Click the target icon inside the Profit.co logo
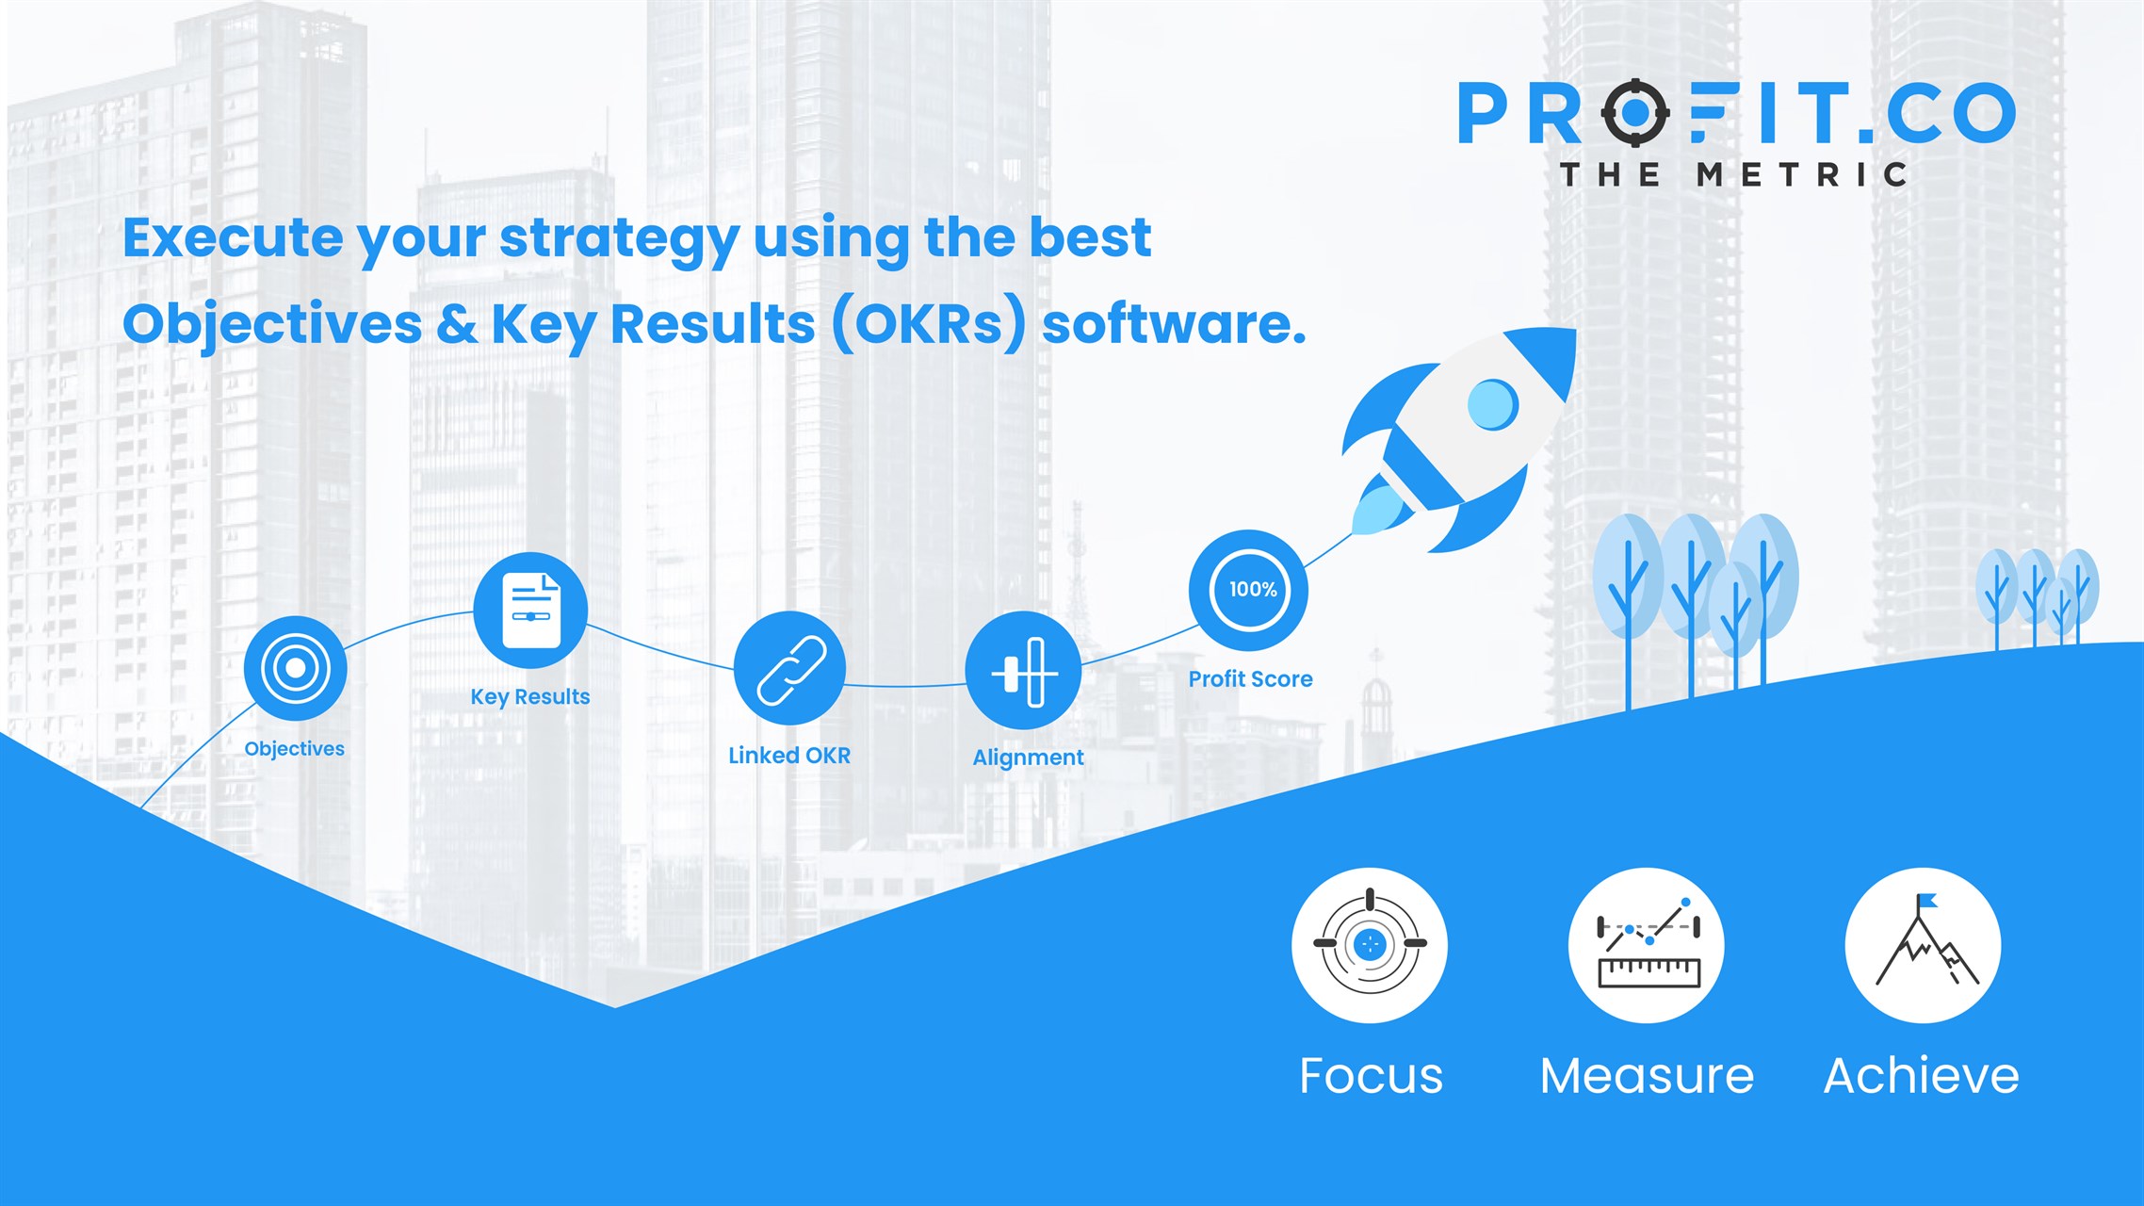[1635, 113]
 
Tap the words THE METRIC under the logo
[1733, 174]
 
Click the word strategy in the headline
[618, 239]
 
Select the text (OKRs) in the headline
[929, 323]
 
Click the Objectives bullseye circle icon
[295, 668]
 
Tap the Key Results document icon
[530, 611]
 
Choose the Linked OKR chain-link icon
[789, 669]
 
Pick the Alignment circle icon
[1023, 671]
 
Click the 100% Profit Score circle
[1249, 590]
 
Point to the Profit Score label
[1250, 678]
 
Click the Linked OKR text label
[789, 755]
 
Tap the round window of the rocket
[1493, 404]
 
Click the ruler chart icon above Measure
[1648, 943]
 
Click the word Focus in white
[1371, 1076]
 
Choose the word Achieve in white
[1922, 1075]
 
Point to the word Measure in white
[1647, 1076]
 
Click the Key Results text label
[530, 697]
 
